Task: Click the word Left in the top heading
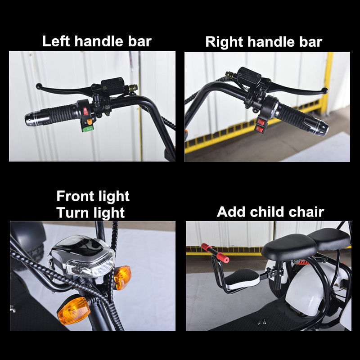pyautogui.click(x=56, y=41)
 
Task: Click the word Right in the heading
pyautogui.click(x=224, y=42)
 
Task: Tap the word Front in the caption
pyautogui.click(x=75, y=196)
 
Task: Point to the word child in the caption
pyautogui.click(x=267, y=211)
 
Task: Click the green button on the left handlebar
pyautogui.click(x=88, y=129)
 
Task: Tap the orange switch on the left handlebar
pyautogui.click(x=89, y=121)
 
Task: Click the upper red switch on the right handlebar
pyautogui.click(x=262, y=121)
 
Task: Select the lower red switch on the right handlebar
pyautogui.click(x=259, y=130)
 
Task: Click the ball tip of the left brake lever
pyautogui.click(x=39, y=86)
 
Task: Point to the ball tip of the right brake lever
pyautogui.click(x=324, y=91)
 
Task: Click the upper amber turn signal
pyautogui.click(x=122, y=277)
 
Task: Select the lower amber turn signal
pyautogui.click(x=74, y=310)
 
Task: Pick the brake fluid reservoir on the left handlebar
pyautogui.click(x=112, y=85)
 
